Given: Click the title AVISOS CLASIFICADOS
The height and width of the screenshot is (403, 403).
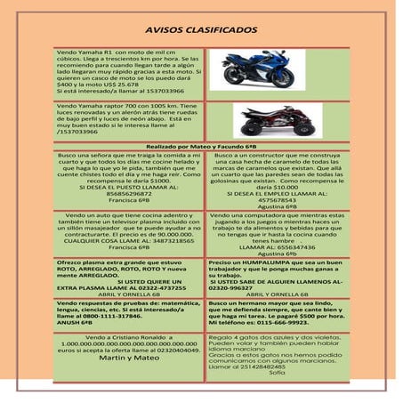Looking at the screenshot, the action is [x=201, y=29].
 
